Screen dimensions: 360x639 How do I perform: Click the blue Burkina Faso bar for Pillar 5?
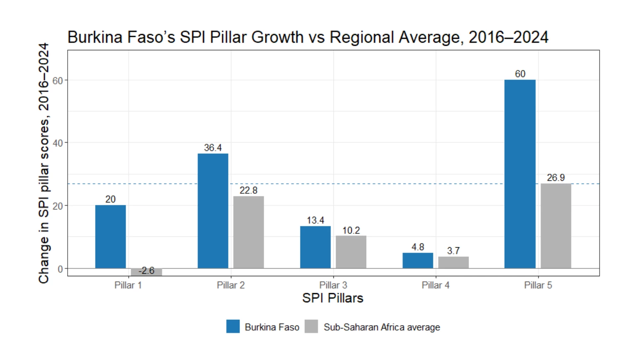coord(520,174)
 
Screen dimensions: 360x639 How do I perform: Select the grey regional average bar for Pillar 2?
coord(248,232)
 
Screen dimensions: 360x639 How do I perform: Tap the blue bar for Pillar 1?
coord(110,237)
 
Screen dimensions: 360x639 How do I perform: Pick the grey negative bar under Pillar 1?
coord(146,272)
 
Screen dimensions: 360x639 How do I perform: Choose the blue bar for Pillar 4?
coord(418,260)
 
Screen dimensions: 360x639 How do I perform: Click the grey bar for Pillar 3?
coord(351,252)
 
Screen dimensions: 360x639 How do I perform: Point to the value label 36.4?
coord(213,148)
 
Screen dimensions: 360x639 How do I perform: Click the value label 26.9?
coord(556,178)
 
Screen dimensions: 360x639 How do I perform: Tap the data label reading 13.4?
coord(315,220)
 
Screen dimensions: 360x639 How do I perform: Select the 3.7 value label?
coord(453,251)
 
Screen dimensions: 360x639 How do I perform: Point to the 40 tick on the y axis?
coord(58,143)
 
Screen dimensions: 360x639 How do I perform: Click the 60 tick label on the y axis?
coord(58,80)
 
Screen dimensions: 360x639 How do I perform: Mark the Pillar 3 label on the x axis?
coord(333,285)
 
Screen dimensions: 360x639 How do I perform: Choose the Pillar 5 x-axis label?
coord(538,285)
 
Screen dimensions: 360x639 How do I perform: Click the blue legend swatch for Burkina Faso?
coord(233,326)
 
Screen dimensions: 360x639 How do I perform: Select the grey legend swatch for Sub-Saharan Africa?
coord(311,326)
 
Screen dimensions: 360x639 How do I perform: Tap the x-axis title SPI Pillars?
coord(333,298)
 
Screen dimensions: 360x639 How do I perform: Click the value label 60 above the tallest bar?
coord(520,74)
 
